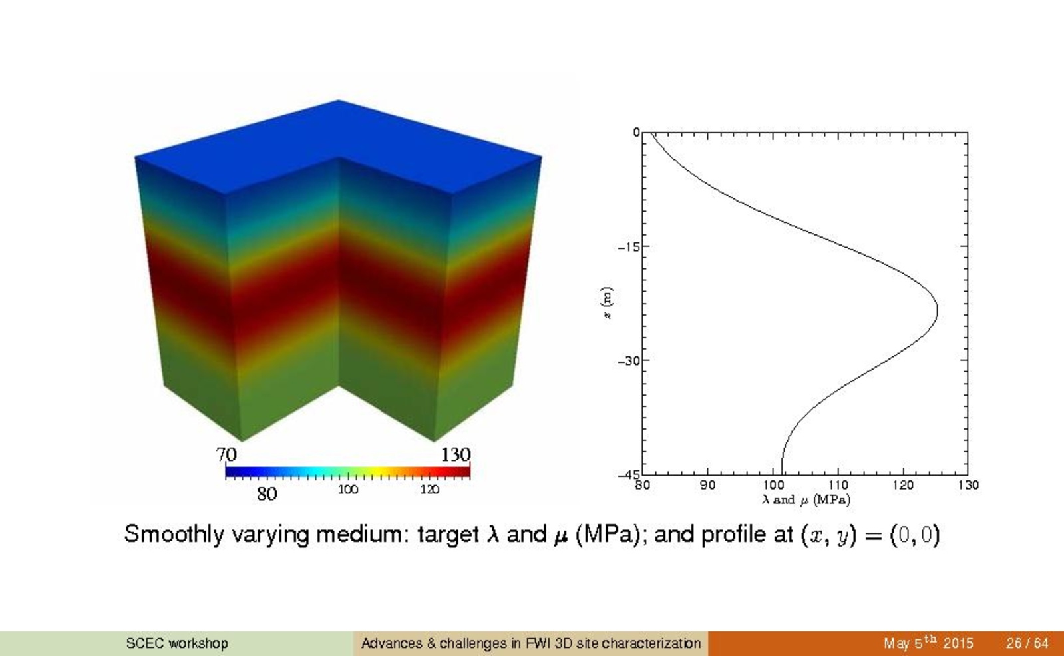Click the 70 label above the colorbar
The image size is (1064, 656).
(226, 454)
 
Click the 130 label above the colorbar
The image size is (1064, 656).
(456, 454)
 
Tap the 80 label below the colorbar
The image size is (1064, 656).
(267, 494)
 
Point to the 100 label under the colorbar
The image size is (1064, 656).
(348, 490)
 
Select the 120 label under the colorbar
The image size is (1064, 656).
(429, 490)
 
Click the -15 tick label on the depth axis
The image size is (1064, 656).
(628, 246)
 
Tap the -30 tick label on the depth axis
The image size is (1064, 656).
(628, 361)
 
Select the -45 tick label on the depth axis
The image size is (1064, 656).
(629, 474)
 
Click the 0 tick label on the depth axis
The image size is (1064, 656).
(636, 132)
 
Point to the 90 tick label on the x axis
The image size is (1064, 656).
(708, 485)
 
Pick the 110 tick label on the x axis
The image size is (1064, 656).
(838, 485)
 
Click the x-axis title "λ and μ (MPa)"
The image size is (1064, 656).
(806, 500)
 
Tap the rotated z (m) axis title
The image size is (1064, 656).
(607, 303)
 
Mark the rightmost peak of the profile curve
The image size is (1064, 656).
(937, 310)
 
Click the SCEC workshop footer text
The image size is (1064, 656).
(177, 643)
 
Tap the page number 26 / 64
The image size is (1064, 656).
(1027, 643)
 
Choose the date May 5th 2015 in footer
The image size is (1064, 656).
(928, 643)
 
